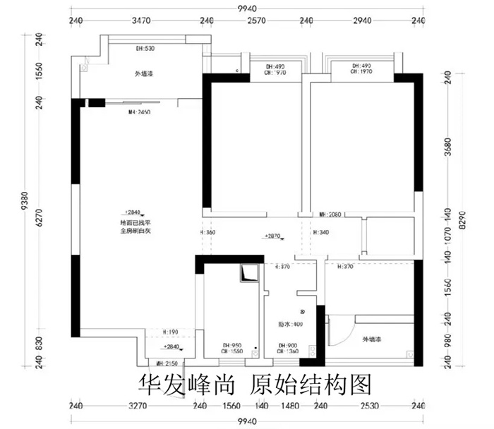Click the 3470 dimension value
click(143, 21)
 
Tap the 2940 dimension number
click(366, 21)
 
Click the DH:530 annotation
click(145, 49)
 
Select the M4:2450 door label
click(139, 111)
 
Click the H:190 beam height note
click(170, 331)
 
